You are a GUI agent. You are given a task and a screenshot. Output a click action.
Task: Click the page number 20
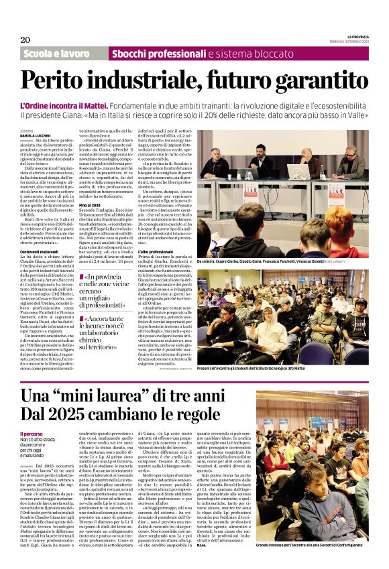pyautogui.click(x=25, y=40)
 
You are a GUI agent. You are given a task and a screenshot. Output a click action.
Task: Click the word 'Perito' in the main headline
pyautogui.click(x=56, y=81)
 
